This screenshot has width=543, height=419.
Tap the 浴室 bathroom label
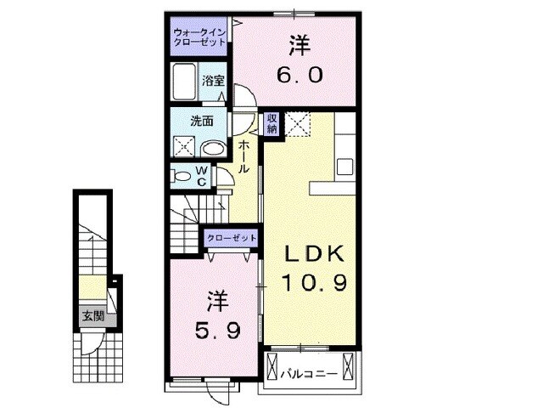[x=213, y=82]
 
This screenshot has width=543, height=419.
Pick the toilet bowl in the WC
[x=181, y=177]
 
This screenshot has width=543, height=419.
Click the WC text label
[x=202, y=176]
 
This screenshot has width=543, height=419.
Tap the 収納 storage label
[x=271, y=124]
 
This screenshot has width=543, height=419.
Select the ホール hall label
[x=244, y=157]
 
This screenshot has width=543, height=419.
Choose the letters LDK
[x=312, y=253]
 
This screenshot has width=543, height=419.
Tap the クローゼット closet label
[x=231, y=238]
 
